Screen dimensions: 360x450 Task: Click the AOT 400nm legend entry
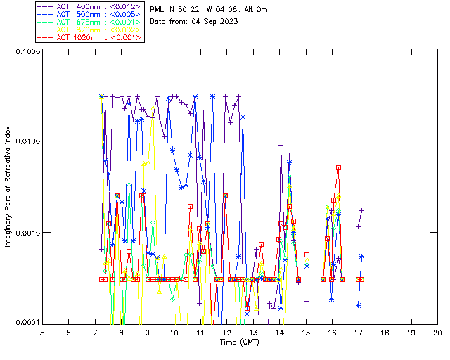(89, 6)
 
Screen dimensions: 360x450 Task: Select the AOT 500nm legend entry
(89, 14)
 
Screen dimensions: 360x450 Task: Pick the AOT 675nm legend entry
(89, 22)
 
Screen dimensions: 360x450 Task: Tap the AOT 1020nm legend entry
(89, 37)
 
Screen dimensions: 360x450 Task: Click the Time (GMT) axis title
(240, 342)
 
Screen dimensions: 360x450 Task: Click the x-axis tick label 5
(42, 332)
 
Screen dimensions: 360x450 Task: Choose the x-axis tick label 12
(226, 332)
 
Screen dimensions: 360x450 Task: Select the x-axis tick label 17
(359, 332)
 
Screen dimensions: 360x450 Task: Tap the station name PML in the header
(158, 9)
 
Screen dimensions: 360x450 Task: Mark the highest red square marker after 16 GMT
(338, 168)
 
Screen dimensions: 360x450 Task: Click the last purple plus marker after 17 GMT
(362, 210)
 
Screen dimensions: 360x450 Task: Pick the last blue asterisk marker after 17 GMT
(362, 257)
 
